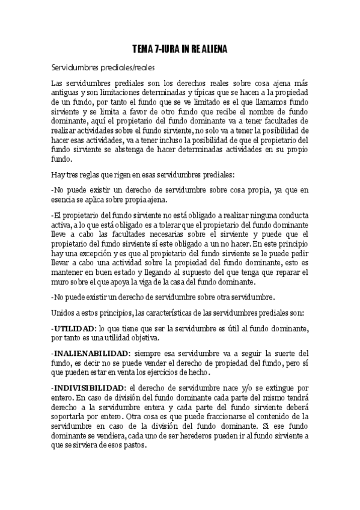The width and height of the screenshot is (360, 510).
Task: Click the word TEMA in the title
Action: (x=143, y=49)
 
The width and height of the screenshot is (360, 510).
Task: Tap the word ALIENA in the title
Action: (x=213, y=49)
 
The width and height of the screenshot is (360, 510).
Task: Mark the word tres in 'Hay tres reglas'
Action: (x=73, y=175)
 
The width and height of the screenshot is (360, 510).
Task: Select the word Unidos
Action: (x=64, y=313)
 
